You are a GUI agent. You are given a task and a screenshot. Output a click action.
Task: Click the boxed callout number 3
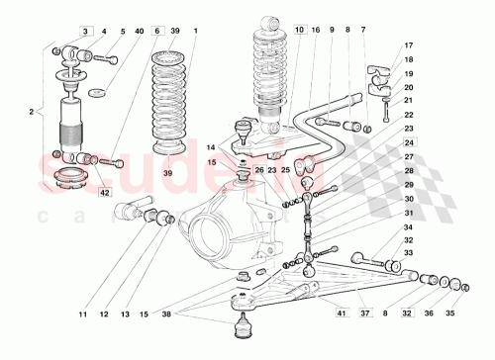[86, 32]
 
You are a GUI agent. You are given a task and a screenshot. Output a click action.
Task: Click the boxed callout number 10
[300, 32]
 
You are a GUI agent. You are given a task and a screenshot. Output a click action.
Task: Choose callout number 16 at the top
[316, 32]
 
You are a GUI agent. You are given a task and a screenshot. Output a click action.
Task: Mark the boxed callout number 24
[409, 142]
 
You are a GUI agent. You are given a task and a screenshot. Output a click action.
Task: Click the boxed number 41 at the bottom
[340, 314]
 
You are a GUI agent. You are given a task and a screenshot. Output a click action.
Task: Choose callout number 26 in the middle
[258, 169]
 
